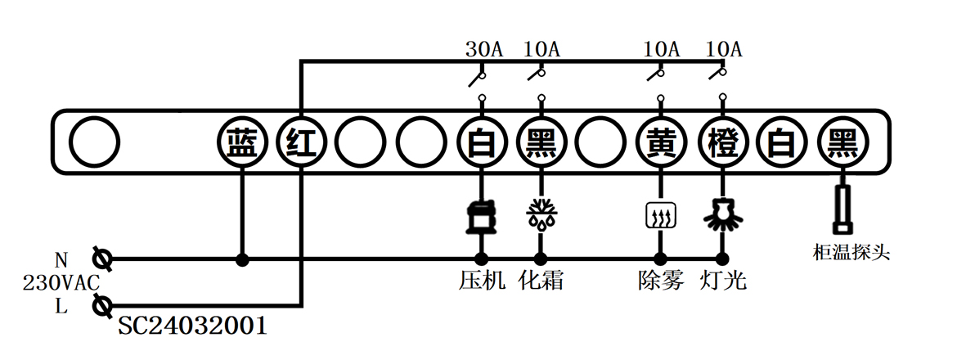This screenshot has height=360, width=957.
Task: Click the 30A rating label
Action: (x=483, y=49)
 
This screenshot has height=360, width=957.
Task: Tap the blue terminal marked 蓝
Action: (x=242, y=144)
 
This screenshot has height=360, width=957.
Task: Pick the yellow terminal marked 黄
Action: (x=660, y=144)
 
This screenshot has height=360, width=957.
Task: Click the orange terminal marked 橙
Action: (x=722, y=144)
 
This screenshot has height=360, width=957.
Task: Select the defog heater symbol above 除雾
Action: (x=660, y=216)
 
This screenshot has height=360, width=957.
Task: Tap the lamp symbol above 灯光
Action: (x=722, y=214)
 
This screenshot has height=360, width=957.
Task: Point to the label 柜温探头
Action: (x=846, y=253)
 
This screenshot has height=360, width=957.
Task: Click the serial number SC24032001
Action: (x=192, y=326)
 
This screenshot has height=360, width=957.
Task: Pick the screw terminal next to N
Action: (x=103, y=260)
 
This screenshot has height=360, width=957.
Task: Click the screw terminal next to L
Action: (x=103, y=308)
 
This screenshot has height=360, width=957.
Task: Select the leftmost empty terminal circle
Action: (x=94, y=144)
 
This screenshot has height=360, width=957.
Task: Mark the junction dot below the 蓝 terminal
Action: (x=242, y=260)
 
